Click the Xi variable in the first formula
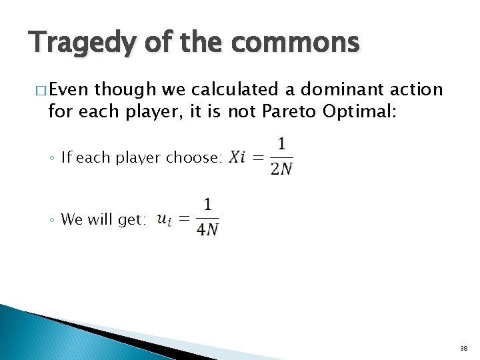click(x=237, y=158)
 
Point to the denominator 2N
click(x=281, y=169)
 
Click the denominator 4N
click(x=208, y=230)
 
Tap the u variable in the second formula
click(x=163, y=219)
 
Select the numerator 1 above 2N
click(x=282, y=145)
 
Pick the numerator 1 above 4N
click(x=208, y=205)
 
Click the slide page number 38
click(x=463, y=348)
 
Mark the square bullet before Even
click(x=35, y=90)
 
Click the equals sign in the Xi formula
click(x=257, y=158)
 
